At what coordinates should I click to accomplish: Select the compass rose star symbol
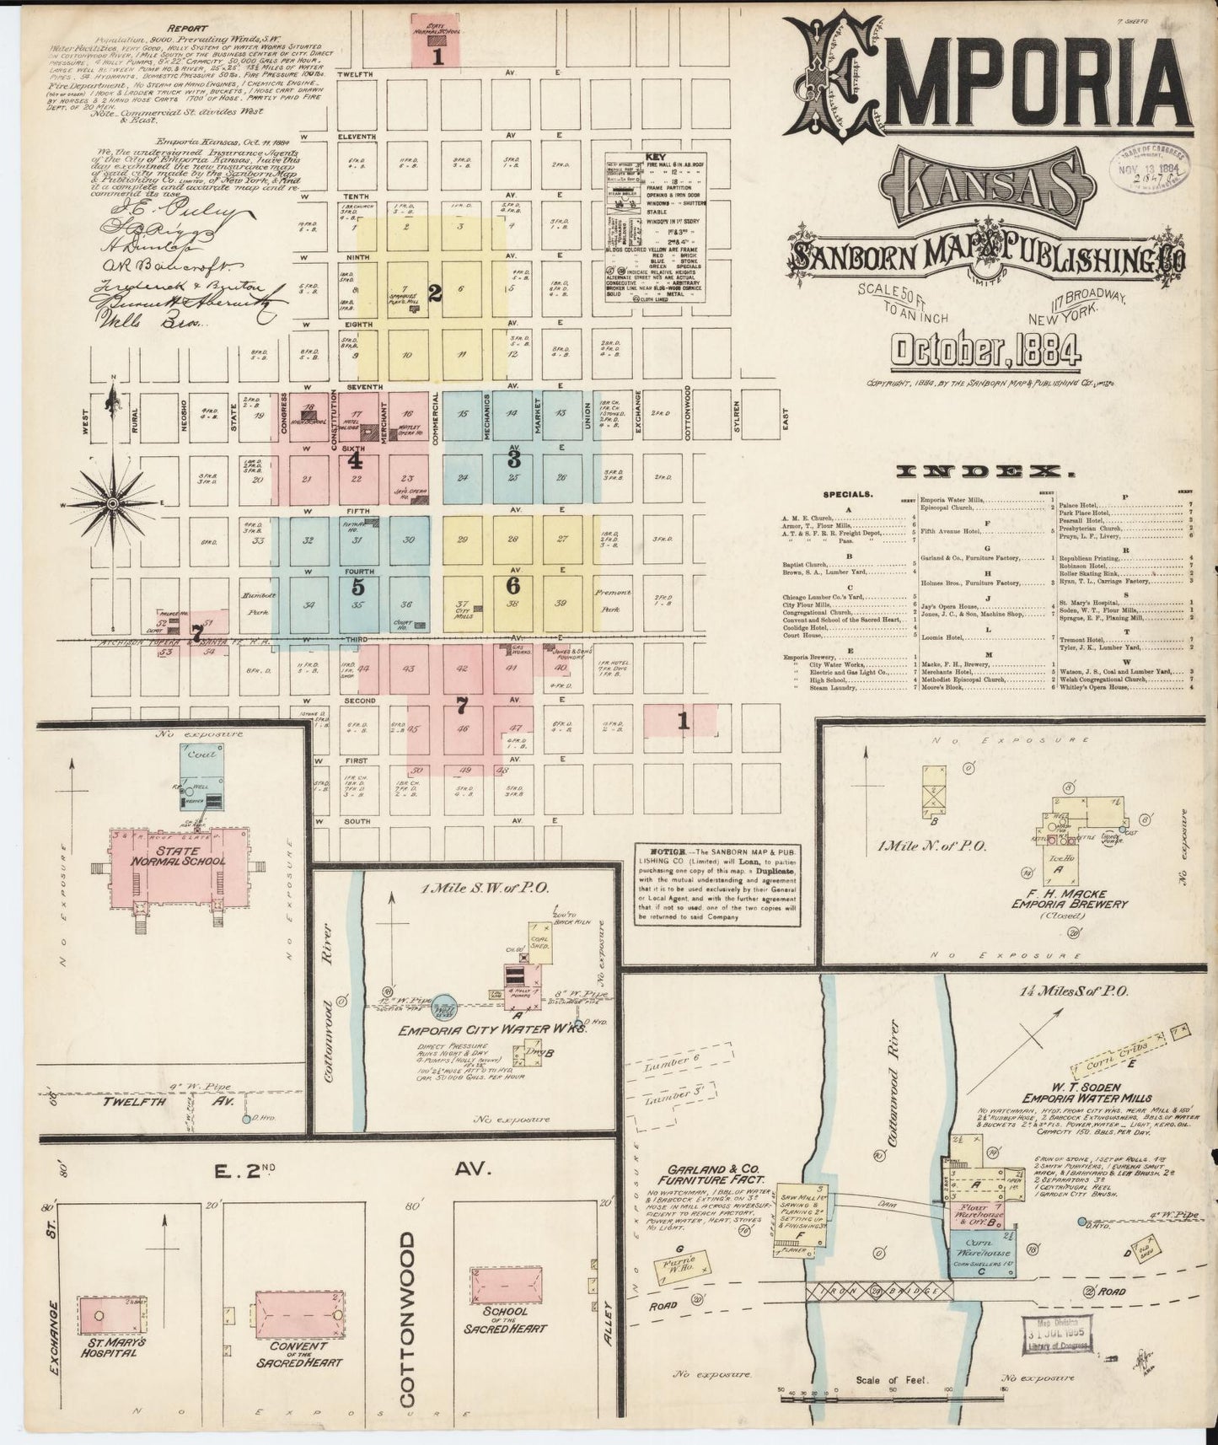tap(111, 503)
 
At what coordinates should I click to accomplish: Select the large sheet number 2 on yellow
tap(435, 293)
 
